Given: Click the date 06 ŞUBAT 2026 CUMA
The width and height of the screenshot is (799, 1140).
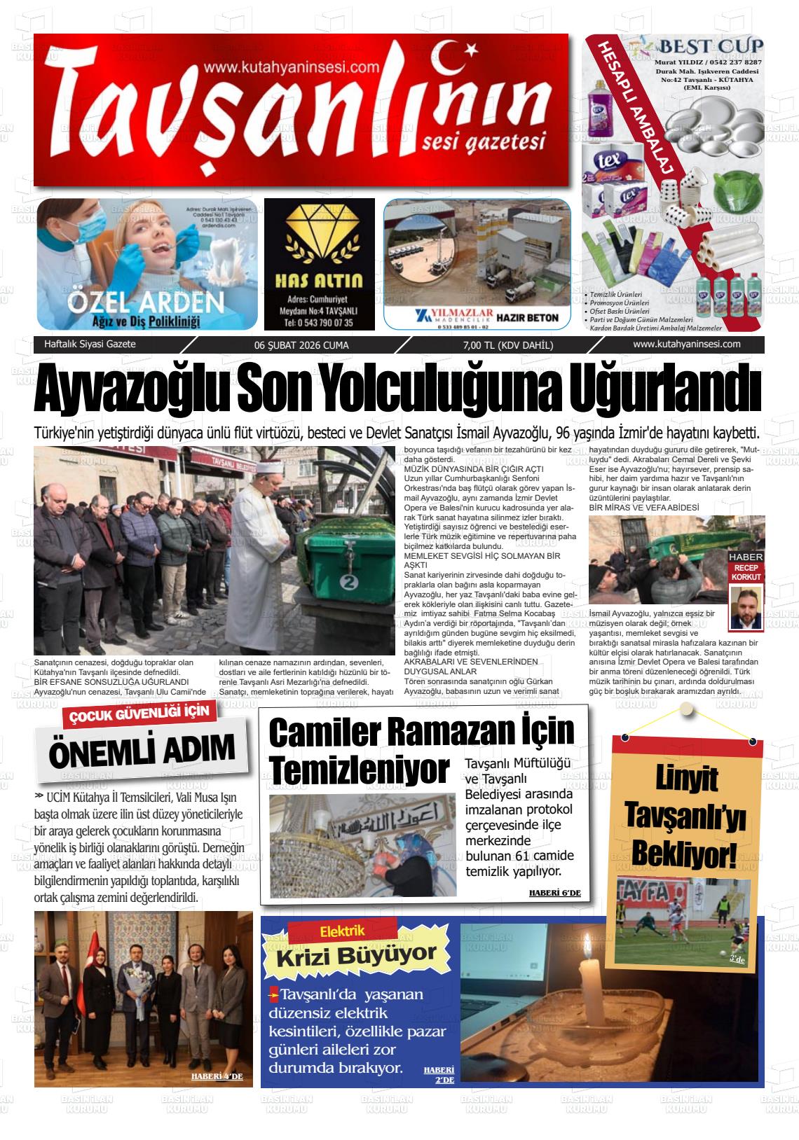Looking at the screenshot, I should coord(301,345).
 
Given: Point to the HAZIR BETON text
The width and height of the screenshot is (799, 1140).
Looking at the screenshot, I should coord(527,317).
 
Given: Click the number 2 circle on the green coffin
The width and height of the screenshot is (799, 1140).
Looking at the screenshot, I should coord(347,581).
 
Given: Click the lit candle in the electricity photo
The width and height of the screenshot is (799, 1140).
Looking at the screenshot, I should coord(583,980).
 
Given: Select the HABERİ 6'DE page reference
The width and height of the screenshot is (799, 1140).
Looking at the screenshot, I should coord(554,894).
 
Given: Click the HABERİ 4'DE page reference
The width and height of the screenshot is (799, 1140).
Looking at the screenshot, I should coord(217,1076).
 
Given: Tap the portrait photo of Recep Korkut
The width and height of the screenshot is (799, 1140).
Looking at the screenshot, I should coord(746,606).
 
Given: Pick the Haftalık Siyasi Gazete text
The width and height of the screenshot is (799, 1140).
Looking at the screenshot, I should coord(90,345).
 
